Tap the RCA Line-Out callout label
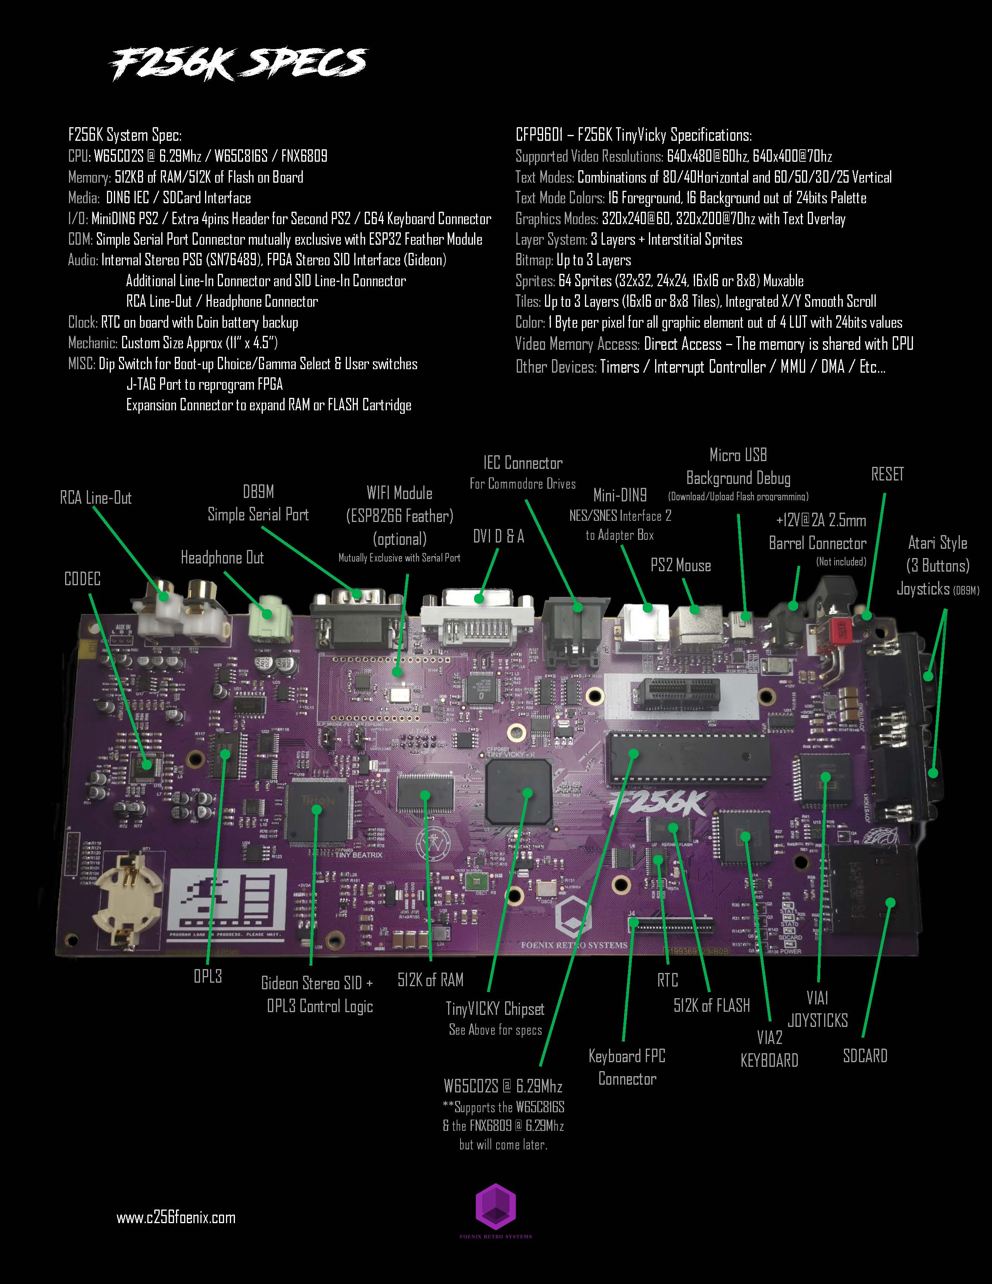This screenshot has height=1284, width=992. pos(96,498)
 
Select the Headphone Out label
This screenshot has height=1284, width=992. pos(222,557)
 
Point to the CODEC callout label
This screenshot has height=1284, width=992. pos(82,579)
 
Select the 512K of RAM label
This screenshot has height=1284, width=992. pos(430,980)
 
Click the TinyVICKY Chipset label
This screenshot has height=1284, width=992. pos(495,1009)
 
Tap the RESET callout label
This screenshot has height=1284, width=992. pos(887,474)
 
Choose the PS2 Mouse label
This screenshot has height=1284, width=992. pos(681,565)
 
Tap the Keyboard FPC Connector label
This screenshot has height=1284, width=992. pos(627,1067)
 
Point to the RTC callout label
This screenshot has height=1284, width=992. pos(668,980)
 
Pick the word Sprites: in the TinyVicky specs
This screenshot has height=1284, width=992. pos(535,281)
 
